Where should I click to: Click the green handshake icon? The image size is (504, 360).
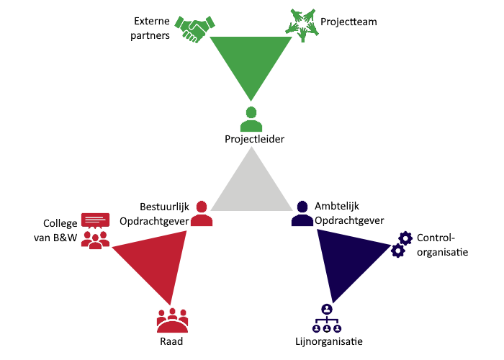click(195, 29)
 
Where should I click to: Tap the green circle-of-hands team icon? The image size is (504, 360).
click(302, 25)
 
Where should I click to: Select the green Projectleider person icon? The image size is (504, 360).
click(251, 119)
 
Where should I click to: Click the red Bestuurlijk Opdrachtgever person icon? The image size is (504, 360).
click(202, 213)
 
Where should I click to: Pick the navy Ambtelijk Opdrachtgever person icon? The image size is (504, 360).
click(302, 213)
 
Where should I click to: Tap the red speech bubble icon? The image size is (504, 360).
click(96, 220)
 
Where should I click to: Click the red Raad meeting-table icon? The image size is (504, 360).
click(172, 320)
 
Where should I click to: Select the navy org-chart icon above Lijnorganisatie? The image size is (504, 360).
click(327, 318)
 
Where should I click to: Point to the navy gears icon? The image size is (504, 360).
click(402, 244)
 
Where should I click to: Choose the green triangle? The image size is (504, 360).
click(251, 58)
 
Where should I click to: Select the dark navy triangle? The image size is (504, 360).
click(344, 258)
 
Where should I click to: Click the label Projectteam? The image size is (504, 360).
click(348, 22)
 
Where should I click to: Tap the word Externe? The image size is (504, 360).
click(152, 21)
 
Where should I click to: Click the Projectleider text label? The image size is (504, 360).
click(255, 139)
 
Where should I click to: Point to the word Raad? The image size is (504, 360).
click(171, 341)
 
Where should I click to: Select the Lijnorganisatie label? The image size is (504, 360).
click(329, 341)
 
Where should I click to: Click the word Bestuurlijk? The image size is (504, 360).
click(165, 207)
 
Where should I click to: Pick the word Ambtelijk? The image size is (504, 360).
click(337, 206)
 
